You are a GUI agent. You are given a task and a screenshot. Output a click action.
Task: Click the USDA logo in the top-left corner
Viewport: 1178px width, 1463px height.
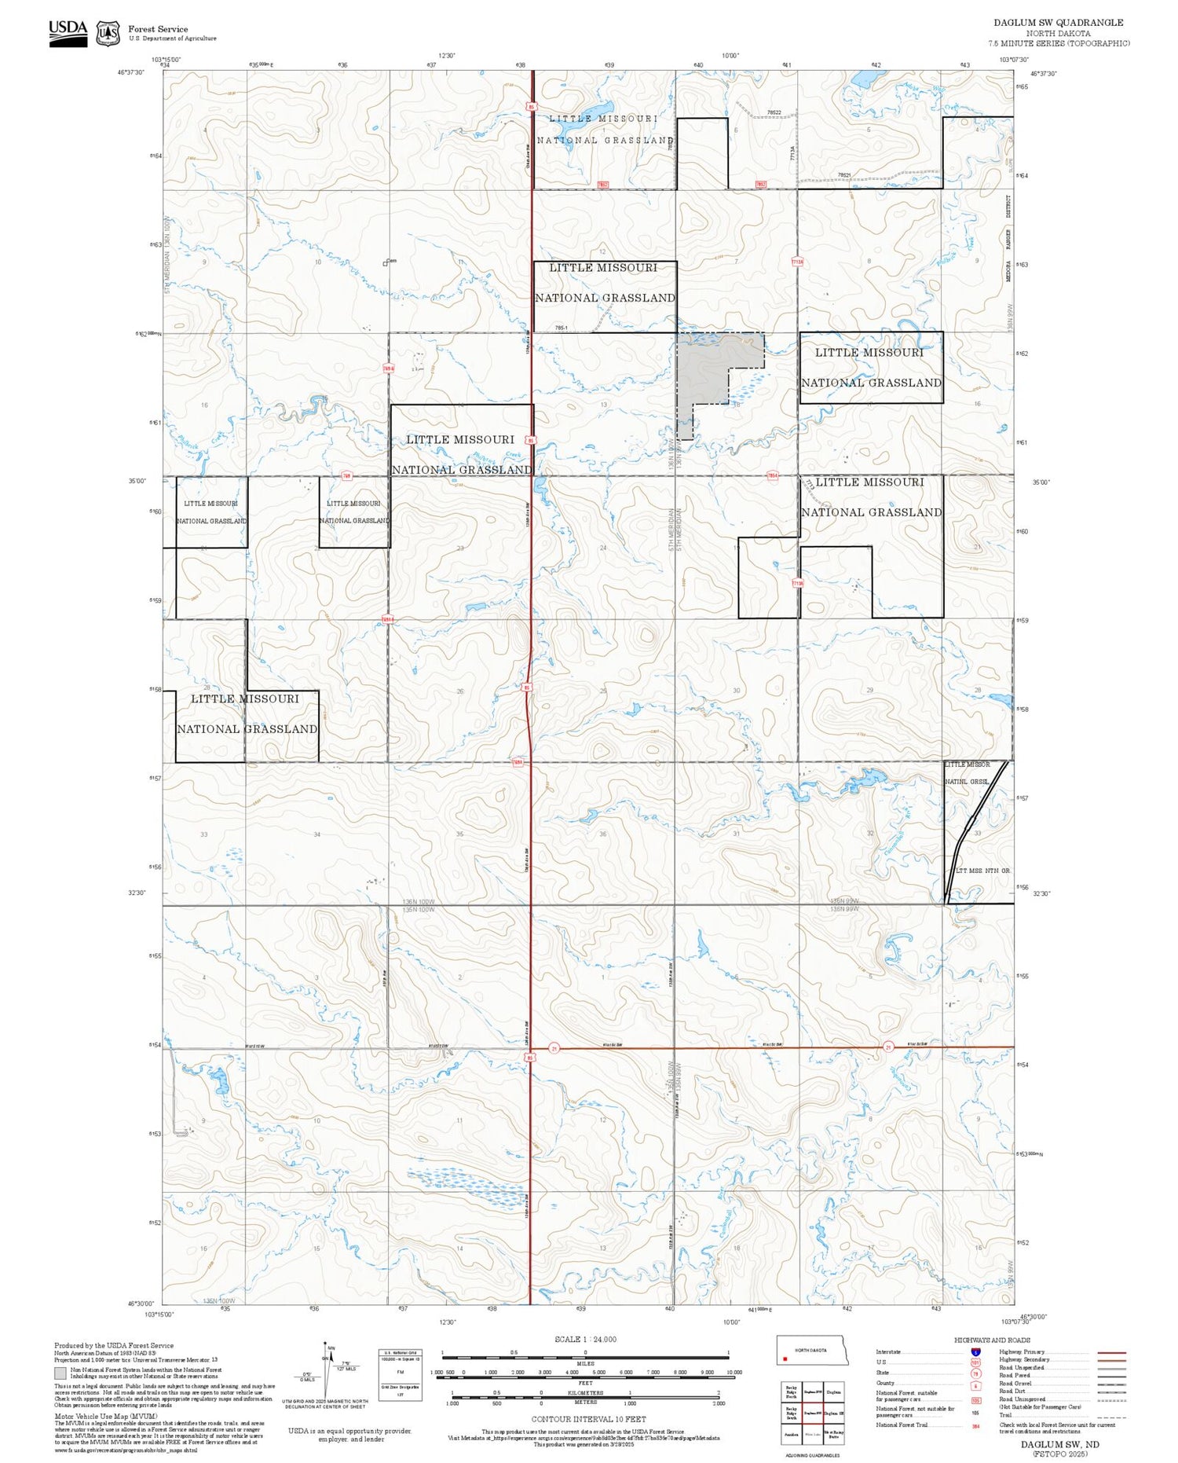coord(68,33)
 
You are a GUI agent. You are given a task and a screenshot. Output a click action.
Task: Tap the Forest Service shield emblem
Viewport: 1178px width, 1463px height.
coord(108,33)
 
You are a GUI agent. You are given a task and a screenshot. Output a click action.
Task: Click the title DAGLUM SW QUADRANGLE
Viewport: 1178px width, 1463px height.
coord(1058,23)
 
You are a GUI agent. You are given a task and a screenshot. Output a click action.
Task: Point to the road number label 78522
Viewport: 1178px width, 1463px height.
coord(774,113)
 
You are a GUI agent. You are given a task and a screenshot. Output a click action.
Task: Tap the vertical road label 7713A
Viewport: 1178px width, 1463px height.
coord(794,154)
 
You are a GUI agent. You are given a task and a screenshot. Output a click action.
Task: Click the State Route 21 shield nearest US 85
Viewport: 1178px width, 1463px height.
coord(554,1048)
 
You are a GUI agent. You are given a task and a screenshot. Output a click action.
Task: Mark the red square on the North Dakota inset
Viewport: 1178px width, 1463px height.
coord(785,1358)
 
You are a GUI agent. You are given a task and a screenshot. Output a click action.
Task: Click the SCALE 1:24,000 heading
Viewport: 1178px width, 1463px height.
coord(585,1339)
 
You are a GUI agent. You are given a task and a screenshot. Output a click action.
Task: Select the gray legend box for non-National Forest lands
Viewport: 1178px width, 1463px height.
coord(60,1373)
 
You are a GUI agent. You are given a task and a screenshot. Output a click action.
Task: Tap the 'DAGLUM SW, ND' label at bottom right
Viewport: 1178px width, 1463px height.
coord(1060,1444)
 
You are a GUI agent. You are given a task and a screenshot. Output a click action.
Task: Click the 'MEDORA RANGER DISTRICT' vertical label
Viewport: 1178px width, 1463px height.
coord(1009,237)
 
